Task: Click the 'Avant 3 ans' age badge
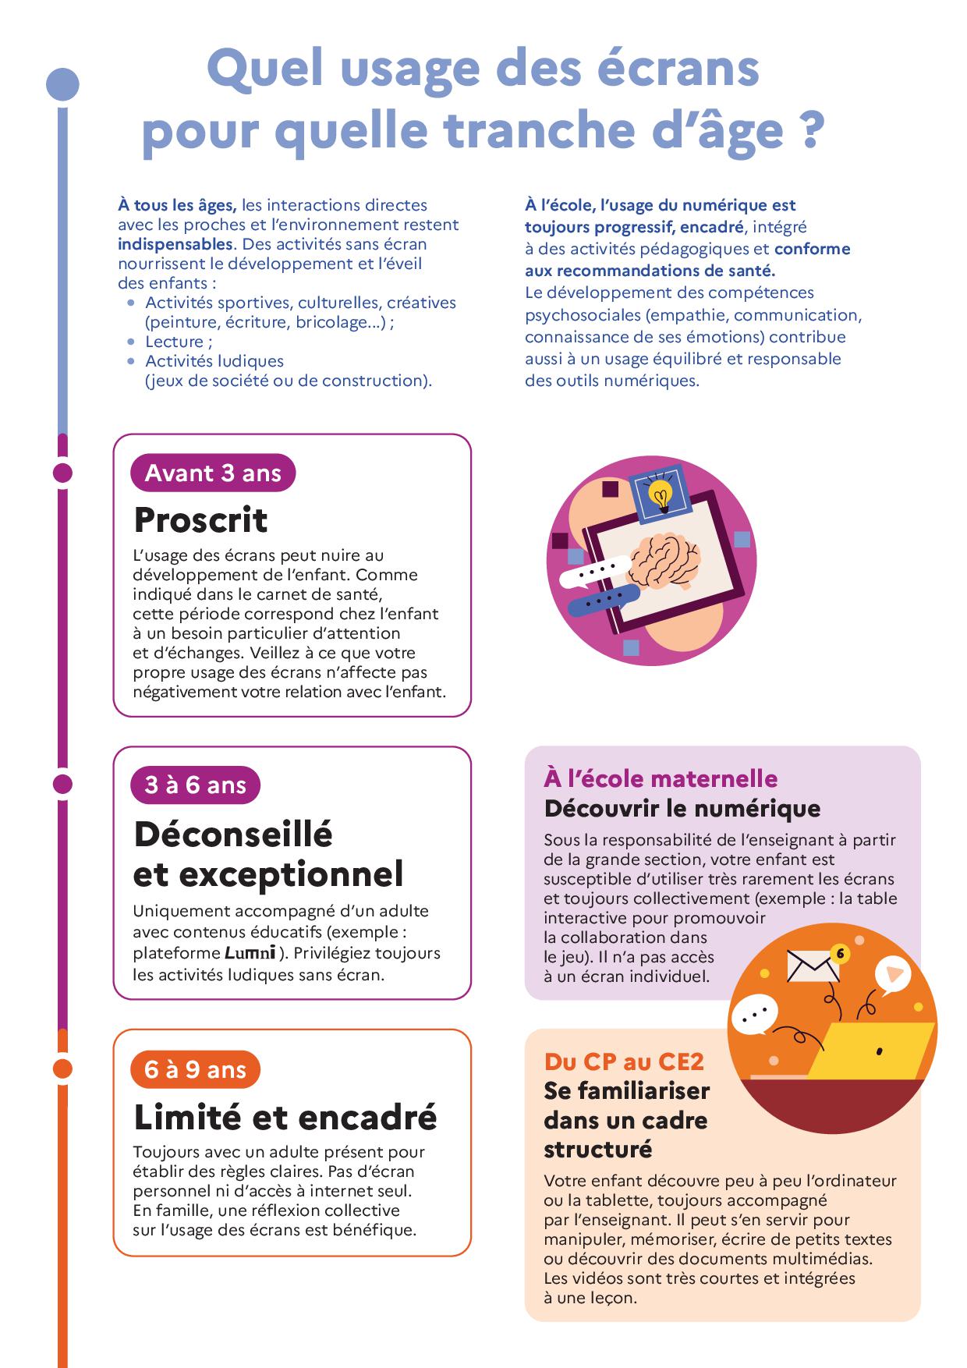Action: (x=213, y=473)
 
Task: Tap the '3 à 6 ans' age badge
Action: (x=195, y=785)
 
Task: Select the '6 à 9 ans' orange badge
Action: (x=195, y=1069)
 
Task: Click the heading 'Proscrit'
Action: (x=200, y=520)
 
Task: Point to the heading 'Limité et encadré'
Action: (x=285, y=1117)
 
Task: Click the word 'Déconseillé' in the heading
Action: (x=233, y=834)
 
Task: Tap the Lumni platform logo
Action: (x=250, y=952)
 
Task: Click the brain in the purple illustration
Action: (x=663, y=560)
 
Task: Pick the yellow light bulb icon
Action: (x=661, y=494)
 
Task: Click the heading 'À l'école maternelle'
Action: (x=661, y=778)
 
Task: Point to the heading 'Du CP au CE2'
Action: (x=624, y=1061)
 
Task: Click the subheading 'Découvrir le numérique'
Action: (x=682, y=809)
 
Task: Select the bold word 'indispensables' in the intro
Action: (x=175, y=244)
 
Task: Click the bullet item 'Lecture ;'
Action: (x=179, y=342)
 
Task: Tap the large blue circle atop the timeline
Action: (x=63, y=85)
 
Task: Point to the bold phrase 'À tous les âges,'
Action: (x=177, y=205)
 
